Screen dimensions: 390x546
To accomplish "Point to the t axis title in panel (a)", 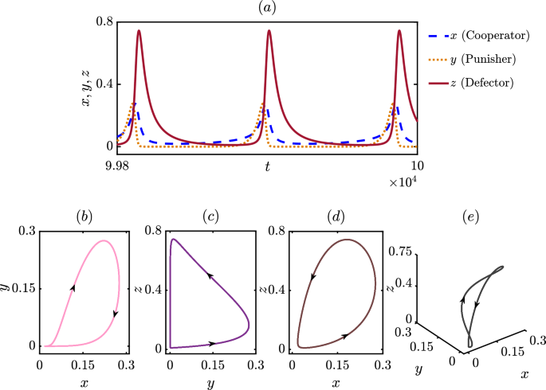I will tap(268, 166).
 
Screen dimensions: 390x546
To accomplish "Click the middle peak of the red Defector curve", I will tap(269, 32).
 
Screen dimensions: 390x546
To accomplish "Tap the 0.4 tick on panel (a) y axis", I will tap(103, 84).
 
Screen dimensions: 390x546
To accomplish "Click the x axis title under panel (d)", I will tap(336, 381).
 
